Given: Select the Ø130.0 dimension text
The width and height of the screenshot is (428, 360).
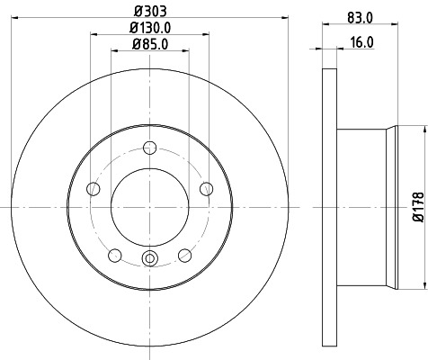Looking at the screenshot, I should coord(150,28).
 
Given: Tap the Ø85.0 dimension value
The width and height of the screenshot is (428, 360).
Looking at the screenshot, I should coord(150,44).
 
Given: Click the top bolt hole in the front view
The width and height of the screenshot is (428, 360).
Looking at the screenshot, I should coord(150,149).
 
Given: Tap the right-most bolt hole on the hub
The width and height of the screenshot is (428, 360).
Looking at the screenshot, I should coord(207,188).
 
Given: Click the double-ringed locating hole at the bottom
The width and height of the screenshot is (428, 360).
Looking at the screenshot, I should coord(150,262).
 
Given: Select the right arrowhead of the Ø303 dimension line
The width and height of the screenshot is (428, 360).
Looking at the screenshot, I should coord(281,19).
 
